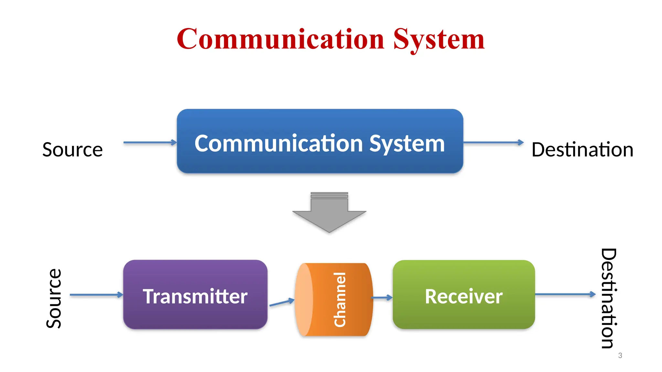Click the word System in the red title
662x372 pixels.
click(x=439, y=40)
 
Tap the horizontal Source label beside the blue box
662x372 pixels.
click(x=72, y=150)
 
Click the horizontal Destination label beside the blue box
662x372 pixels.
click(x=582, y=150)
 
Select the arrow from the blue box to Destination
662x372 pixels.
click(x=493, y=142)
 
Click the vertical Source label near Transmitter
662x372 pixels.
click(x=54, y=298)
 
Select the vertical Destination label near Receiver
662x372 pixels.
click(x=609, y=298)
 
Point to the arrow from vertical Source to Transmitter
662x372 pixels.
click(x=96, y=294)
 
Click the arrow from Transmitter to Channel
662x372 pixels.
click(x=282, y=302)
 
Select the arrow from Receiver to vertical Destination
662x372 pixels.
click(x=565, y=294)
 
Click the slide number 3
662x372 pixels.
click(x=620, y=356)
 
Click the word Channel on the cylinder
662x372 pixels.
click(x=340, y=300)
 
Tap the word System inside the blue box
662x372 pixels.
click(x=407, y=143)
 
